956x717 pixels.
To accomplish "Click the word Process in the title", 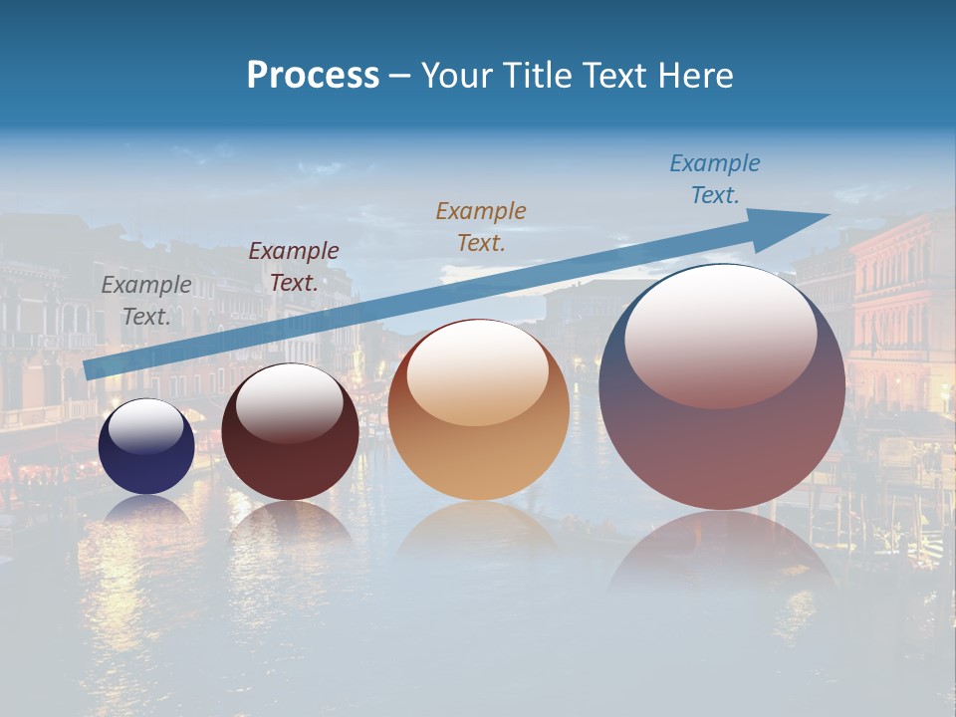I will (313, 76).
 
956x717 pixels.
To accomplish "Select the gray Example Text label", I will (146, 301).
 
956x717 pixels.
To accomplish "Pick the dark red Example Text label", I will (294, 267).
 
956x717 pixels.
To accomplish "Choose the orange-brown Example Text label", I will (481, 226).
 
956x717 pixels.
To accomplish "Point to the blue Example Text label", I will (715, 179).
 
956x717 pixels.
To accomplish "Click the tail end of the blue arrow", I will (92, 369).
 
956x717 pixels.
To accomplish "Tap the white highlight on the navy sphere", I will (145, 426).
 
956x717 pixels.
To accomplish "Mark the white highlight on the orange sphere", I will (478, 373).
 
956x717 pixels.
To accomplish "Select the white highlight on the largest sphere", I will (720, 334).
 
